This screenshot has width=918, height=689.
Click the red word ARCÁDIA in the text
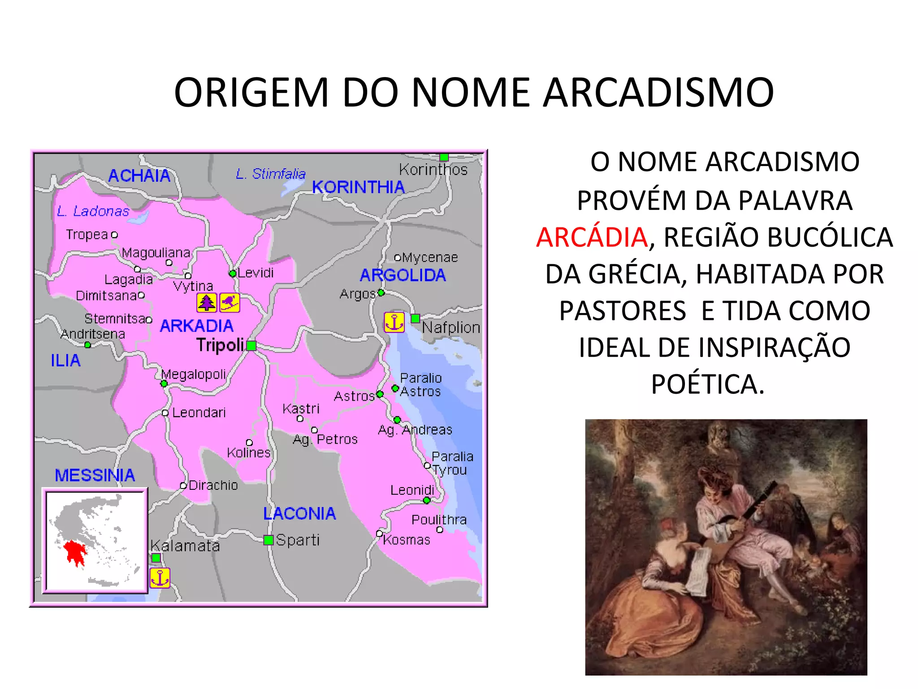click(592, 237)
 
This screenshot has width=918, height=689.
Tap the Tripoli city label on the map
click(220, 345)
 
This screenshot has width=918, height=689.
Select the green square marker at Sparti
click(268, 540)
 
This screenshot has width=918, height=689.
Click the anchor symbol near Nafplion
click(394, 322)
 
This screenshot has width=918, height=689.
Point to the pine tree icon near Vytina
click(207, 303)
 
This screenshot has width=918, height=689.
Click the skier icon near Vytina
click(229, 303)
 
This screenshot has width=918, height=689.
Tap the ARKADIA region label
click(196, 326)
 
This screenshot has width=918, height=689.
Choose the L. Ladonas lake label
click(93, 211)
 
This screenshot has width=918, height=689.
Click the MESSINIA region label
click(95, 475)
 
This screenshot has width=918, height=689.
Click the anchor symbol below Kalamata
click(160, 578)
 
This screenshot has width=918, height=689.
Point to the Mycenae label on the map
click(430, 257)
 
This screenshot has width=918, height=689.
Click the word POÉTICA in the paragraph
click(708, 384)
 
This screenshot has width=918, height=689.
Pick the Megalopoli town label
click(193, 374)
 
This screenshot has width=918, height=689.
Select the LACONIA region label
click(299, 514)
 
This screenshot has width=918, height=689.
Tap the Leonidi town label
click(412, 490)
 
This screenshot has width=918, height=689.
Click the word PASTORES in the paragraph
click(623, 311)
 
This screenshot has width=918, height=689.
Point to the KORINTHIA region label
click(358, 187)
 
